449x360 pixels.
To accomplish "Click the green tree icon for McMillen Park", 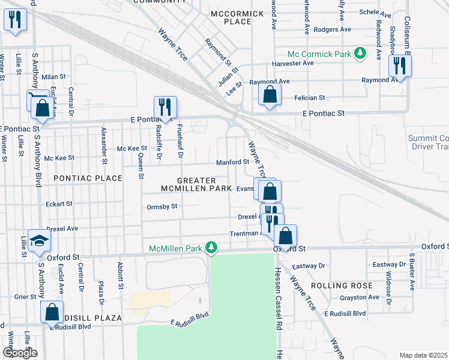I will point(211,248).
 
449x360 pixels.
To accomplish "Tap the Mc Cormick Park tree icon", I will point(360,54).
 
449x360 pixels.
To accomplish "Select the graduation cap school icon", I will point(40,241).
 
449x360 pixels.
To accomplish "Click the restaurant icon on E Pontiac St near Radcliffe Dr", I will point(165,107).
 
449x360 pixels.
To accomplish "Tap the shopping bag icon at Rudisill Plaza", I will point(52,311).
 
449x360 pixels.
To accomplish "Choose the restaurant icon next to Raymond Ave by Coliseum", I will point(399,65).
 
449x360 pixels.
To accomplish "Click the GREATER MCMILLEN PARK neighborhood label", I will point(196,184).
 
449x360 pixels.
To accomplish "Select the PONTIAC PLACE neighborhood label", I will point(88,178).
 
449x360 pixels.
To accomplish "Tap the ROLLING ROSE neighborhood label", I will point(342,285).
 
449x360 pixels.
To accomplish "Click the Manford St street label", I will point(232,162).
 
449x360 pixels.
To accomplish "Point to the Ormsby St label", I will point(162,206).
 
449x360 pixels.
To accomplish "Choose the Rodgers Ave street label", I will point(332,29).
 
